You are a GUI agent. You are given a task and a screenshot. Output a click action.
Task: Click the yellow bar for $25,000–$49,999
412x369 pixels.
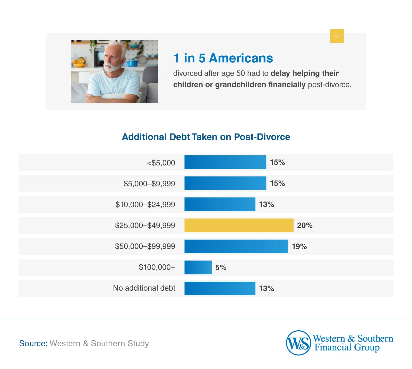[239, 225]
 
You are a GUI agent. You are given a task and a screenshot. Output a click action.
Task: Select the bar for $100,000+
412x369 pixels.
[198, 267]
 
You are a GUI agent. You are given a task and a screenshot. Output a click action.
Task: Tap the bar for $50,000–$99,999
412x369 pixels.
[236, 246]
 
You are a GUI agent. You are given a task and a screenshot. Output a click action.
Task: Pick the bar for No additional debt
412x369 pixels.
[220, 288]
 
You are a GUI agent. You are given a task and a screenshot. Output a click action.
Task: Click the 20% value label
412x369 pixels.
[305, 225]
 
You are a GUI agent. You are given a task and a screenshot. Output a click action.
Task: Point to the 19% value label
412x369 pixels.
[299, 247]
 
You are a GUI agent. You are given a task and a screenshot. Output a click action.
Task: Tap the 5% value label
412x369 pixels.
[221, 267]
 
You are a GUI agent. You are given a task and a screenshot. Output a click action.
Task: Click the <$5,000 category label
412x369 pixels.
[161, 163]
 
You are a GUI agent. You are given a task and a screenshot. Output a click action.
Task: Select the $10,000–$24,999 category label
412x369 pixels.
[145, 205]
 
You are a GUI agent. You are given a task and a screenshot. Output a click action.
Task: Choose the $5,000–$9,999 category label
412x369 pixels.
[149, 184]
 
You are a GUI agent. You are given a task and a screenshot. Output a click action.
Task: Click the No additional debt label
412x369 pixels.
[144, 288]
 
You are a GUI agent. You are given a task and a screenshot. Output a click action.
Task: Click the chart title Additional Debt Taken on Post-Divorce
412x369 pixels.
[206, 137]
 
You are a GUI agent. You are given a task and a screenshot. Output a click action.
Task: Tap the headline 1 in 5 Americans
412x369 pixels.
[223, 58]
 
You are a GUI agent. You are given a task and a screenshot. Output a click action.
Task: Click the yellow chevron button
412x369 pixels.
[337, 36]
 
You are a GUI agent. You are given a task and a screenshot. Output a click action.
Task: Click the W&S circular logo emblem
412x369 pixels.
[298, 343]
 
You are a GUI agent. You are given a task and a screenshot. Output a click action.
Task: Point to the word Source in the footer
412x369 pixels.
[33, 343]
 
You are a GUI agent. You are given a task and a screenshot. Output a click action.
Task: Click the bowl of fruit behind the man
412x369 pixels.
[80, 62]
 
